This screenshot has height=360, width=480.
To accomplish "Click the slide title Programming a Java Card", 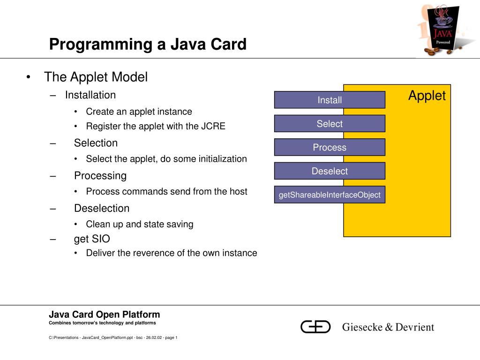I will [148, 45].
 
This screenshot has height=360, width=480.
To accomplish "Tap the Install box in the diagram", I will [330, 100].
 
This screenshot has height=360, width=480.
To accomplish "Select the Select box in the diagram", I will [330, 124].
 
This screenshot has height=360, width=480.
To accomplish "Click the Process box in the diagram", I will [330, 147].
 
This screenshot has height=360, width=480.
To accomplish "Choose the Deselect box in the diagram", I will [330, 171].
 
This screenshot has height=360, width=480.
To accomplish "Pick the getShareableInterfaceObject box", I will [330, 195].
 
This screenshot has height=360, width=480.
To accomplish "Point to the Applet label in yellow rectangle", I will [427, 96].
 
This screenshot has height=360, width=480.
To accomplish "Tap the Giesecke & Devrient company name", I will [388, 327].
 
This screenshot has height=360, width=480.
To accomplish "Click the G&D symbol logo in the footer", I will [315, 327].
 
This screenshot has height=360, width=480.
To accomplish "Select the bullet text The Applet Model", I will [96, 77].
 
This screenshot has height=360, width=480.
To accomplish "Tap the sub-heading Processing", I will [100, 176].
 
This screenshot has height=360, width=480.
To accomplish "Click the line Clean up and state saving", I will [139, 224].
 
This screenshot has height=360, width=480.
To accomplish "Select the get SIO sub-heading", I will [92, 239].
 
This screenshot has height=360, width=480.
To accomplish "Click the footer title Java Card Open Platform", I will [105, 315].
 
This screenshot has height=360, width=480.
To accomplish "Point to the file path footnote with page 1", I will [113, 337].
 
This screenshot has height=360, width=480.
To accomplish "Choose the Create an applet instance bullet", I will [139, 112].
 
